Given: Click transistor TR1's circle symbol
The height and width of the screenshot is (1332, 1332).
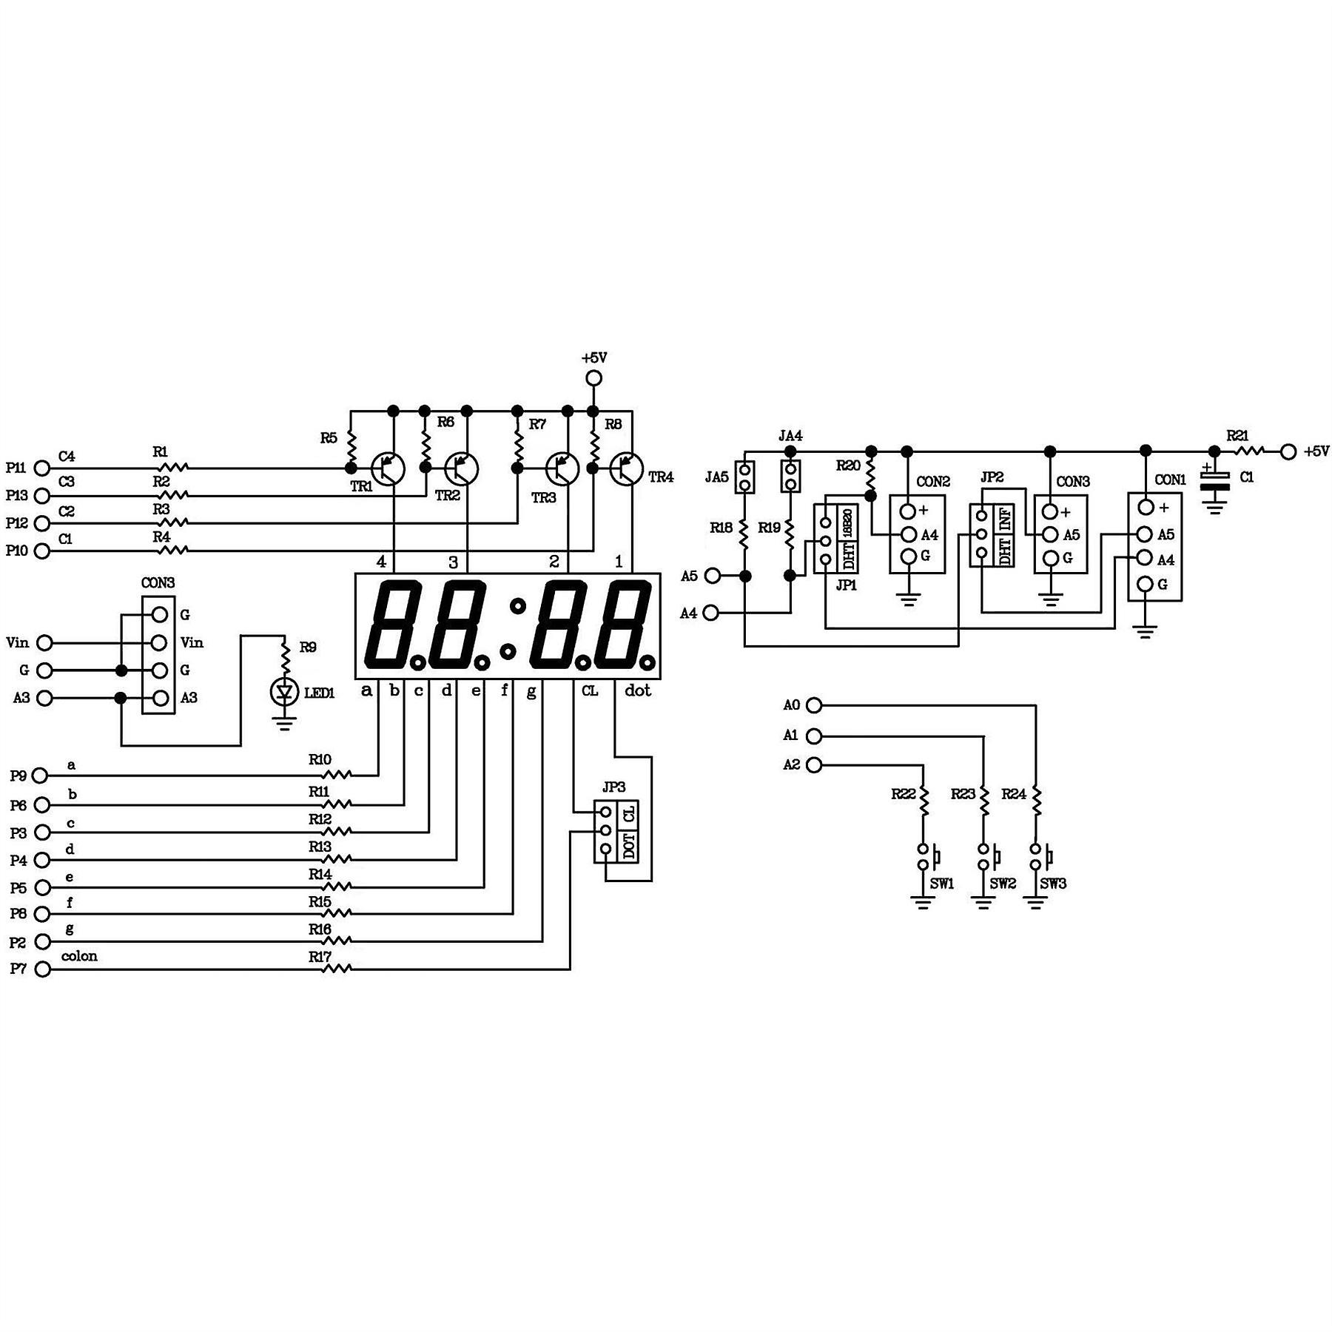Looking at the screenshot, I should (x=389, y=468).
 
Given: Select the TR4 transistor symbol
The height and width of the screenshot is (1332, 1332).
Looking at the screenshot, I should (x=627, y=468).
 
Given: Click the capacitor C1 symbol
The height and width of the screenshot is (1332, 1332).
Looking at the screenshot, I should (x=1214, y=481).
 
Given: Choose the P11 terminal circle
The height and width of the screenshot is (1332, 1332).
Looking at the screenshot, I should (x=43, y=468).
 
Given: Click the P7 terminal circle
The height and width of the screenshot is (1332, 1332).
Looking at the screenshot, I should (x=43, y=969).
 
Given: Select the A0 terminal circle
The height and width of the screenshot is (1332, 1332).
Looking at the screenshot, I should (x=813, y=705).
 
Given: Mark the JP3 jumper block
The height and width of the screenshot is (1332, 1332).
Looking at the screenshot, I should (x=616, y=831).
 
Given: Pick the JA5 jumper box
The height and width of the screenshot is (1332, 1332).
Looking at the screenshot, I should (x=745, y=477).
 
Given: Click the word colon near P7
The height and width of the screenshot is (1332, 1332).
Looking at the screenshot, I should (x=79, y=956).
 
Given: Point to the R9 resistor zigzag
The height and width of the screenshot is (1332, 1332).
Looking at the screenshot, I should (x=284, y=654).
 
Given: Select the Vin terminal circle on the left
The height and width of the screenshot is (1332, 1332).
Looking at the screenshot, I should (x=44, y=642).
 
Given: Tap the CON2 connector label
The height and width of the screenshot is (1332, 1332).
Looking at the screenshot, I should (x=933, y=482).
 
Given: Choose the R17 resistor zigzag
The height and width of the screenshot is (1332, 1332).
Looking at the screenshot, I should (x=337, y=969).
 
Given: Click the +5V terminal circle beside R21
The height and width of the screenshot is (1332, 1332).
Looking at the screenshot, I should (x=1288, y=451).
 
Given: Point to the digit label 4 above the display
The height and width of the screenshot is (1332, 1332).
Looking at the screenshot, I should (x=381, y=562).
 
